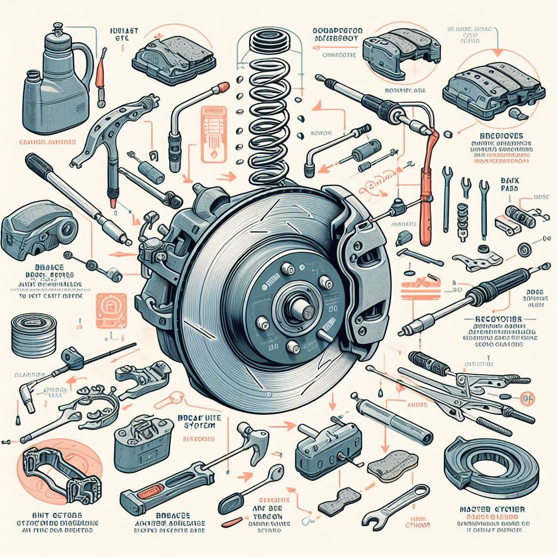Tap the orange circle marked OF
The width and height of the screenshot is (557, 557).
525,399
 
